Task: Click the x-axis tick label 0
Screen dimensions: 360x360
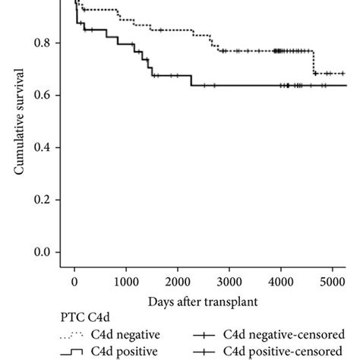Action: [x=74, y=282]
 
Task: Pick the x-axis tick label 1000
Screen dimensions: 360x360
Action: [x=126, y=282]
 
